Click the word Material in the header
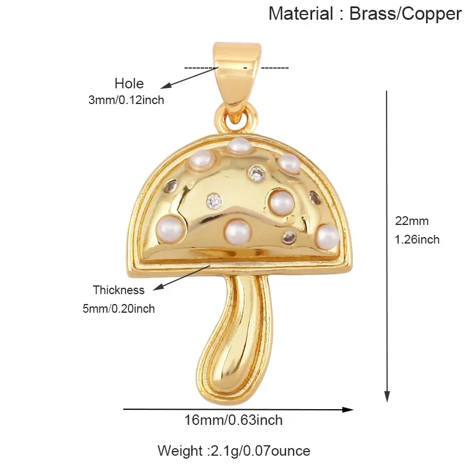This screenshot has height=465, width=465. (x=301, y=13)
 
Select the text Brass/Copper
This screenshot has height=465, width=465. (x=405, y=14)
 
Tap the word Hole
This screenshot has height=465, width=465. (x=129, y=83)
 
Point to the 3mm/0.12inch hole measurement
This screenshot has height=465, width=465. (x=126, y=100)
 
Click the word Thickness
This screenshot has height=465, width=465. (x=119, y=290)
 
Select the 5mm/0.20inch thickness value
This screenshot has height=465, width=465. (x=119, y=309)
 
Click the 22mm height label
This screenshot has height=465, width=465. (x=412, y=221)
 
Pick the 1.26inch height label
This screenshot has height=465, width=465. (x=417, y=239)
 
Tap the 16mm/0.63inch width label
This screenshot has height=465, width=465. (x=234, y=420)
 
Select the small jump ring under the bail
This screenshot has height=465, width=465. (x=237, y=119)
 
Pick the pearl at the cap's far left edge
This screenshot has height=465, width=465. (x=169, y=228)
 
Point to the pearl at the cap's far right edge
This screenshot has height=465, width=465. (x=327, y=237)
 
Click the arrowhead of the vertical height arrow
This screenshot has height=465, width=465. (x=387, y=396)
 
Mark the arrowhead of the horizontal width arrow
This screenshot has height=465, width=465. (x=348, y=410)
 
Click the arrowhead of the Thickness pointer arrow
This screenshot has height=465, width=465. (x=158, y=287)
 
